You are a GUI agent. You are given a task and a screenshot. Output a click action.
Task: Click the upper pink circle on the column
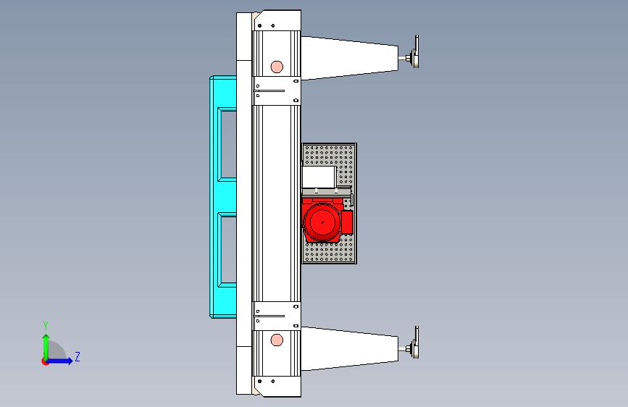click(x=277, y=67)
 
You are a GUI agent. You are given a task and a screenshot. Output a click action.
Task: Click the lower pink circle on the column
click(x=277, y=340)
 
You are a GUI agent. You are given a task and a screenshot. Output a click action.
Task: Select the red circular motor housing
click(x=322, y=222)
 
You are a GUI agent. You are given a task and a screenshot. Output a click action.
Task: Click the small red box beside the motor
click(x=347, y=222)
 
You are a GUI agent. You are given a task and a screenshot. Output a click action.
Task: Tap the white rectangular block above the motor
click(x=319, y=177)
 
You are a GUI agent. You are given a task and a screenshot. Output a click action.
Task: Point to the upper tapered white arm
click(x=349, y=58)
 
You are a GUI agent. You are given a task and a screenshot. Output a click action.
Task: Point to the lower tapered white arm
click(x=349, y=348)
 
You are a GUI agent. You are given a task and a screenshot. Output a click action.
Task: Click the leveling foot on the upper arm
click(x=413, y=52)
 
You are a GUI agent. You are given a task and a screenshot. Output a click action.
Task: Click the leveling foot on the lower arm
click(x=413, y=343)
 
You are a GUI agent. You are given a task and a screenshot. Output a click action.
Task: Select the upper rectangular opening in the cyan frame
click(x=227, y=145)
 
